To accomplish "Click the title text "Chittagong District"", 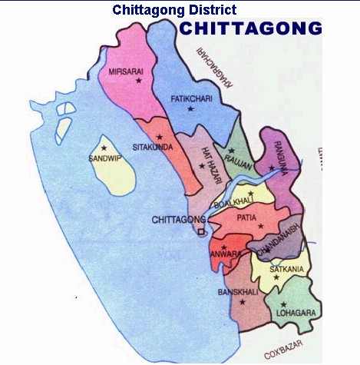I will [174, 10].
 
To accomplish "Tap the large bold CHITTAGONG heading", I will [250, 29].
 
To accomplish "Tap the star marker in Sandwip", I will [104, 148].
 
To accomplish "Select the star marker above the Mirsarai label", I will [139, 80].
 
